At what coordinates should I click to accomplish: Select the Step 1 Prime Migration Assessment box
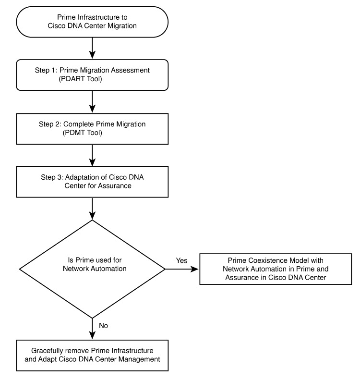92,74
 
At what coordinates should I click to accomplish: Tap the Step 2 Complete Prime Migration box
92,128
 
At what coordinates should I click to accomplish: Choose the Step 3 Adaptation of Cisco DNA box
92,182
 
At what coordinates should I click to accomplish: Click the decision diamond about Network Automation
92,269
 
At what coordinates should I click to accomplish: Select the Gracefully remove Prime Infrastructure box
92,356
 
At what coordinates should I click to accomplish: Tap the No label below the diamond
103,326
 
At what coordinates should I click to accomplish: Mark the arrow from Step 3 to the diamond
92,208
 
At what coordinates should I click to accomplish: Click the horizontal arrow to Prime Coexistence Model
182,269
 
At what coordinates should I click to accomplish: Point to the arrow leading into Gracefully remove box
92,329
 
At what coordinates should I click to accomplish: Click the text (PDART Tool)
86,79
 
